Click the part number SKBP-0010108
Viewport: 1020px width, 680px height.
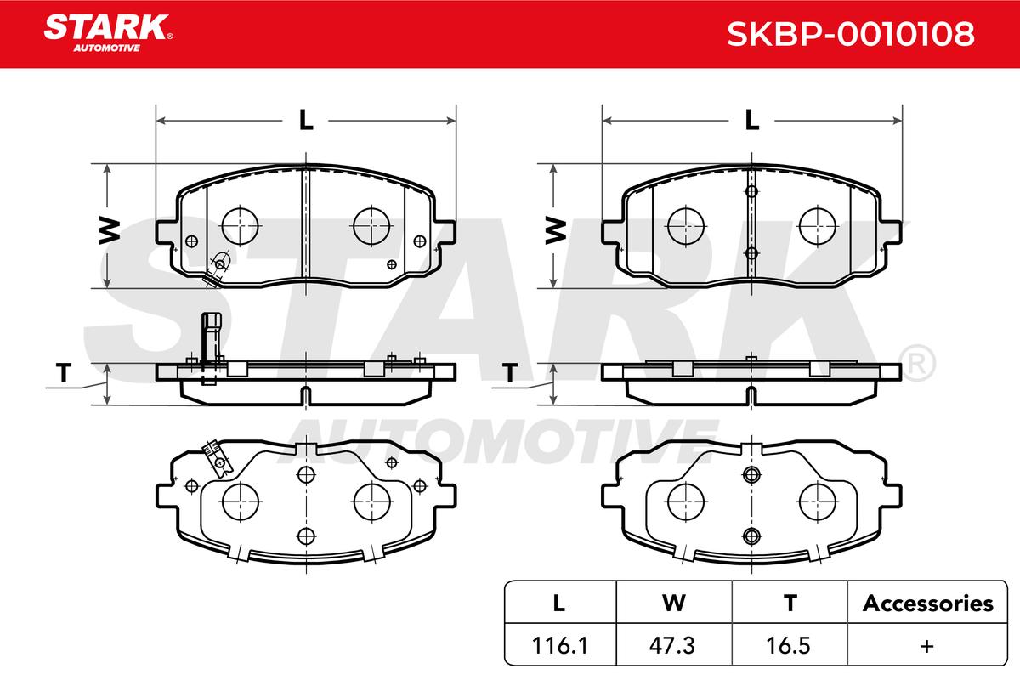coord(850,34)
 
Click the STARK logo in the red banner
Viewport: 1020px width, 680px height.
coord(107,33)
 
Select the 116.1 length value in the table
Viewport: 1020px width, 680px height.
coord(559,646)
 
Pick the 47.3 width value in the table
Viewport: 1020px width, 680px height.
coord(672,646)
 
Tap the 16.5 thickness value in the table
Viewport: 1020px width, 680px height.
coord(788,646)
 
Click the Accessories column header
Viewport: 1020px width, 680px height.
coord(927,603)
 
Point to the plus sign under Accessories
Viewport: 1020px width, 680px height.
coord(926,646)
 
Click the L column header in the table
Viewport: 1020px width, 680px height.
coord(559,603)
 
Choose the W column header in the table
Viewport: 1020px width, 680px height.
coord(674,603)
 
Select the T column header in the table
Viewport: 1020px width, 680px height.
coord(790,603)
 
